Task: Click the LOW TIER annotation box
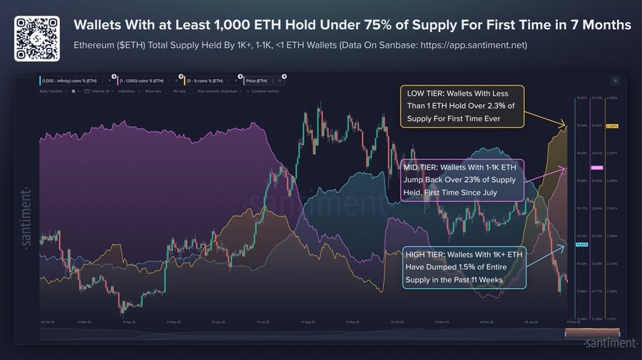462,106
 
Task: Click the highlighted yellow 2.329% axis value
612,126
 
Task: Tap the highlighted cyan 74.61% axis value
581,245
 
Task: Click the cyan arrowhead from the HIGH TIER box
566,247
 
